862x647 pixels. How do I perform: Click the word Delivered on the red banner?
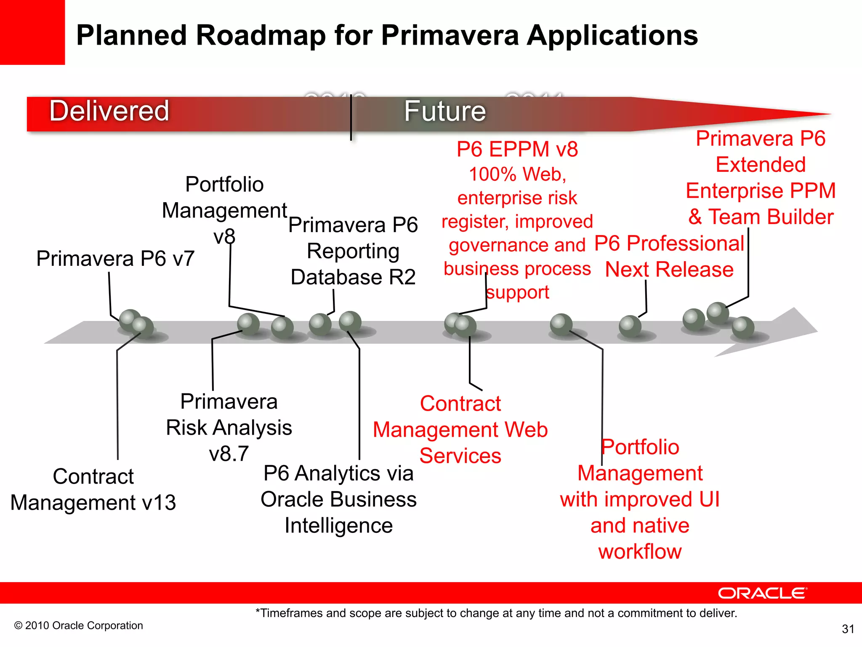click(x=109, y=111)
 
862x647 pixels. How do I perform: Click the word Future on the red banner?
click(x=445, y=111)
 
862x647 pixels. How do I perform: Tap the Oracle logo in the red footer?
click(x=762, y=593)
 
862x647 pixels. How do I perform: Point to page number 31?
click(x=848, y=629)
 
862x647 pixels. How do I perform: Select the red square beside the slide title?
click(x=32, y=32)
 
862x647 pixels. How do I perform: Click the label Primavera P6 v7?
click(x=115, y=258)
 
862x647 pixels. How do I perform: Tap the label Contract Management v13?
click(x=93, y=489)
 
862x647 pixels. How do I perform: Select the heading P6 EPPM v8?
click(x=517, y=149)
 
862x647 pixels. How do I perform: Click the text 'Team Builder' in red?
click(x=771, y=217)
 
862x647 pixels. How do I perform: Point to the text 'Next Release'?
click(x=669, y=270)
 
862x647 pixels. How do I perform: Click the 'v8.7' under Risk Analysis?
click(x=229, y=454)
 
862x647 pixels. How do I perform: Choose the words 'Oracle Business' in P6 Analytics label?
click(x=338, y=500)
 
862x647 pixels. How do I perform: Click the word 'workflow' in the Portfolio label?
click(x=640, y=551)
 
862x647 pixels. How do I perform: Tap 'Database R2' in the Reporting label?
click(x=353, y=277)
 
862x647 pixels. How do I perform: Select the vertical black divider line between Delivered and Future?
click(x=351, y=118)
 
